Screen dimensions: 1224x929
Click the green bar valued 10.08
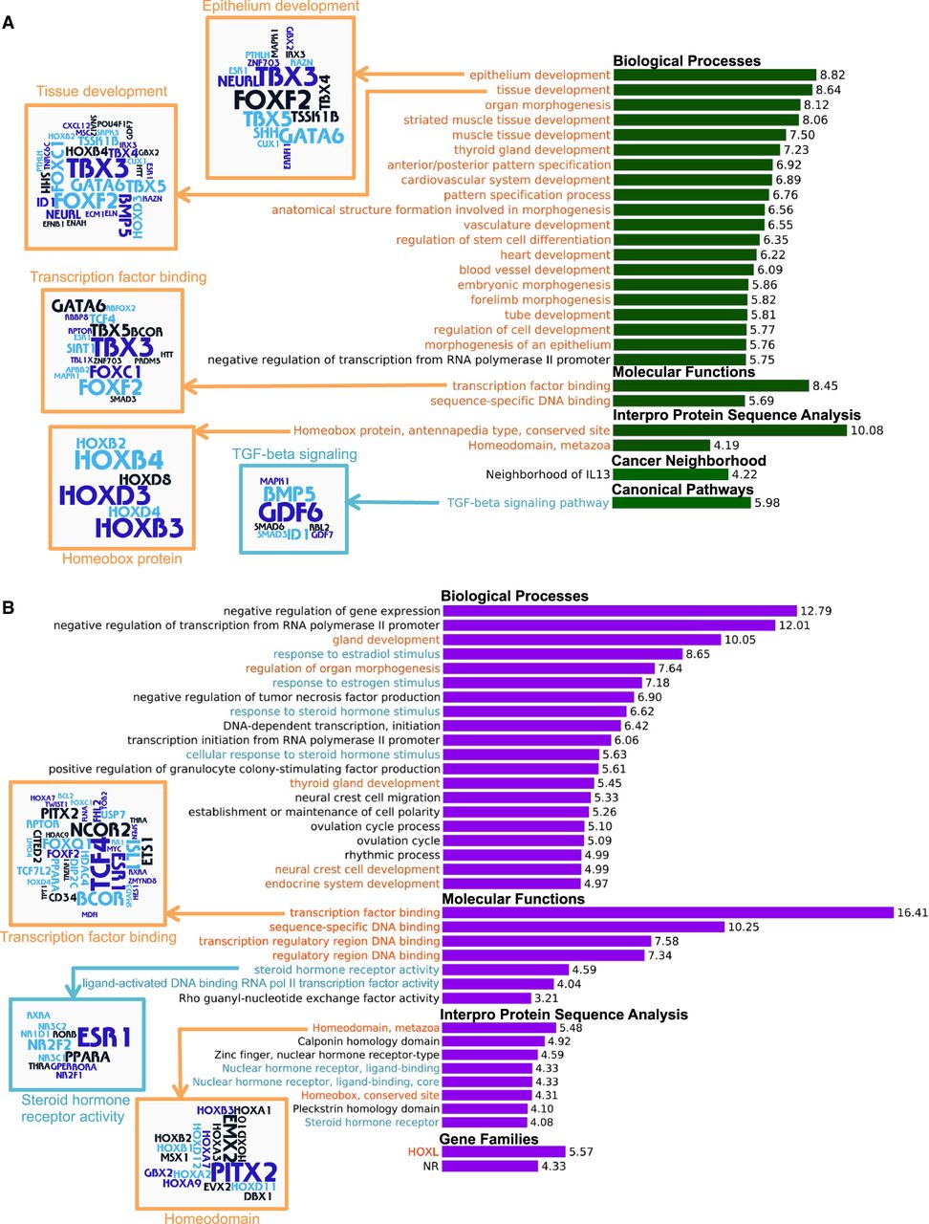729,430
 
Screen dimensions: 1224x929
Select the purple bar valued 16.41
667,913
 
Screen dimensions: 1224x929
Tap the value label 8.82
832,75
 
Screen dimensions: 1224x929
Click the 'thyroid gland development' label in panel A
531,150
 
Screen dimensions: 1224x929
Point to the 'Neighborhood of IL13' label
547,474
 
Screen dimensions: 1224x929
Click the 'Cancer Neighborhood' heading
688,461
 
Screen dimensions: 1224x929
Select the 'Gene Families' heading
488,1139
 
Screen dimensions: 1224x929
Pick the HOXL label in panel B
422,1152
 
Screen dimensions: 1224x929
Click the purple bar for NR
489,1167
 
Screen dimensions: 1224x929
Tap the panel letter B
8,607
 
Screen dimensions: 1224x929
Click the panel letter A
9,22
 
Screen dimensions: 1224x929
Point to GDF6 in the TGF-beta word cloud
290,513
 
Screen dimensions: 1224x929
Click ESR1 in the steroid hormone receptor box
104,1037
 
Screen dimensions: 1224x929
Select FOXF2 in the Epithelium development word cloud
272,100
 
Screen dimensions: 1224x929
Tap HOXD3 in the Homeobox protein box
104,495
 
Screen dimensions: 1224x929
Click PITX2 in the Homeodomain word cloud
244,1171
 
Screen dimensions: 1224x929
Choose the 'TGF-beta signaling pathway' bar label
528,503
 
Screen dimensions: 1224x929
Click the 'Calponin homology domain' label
368,1041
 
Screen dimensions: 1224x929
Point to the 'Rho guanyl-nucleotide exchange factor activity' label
309,998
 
